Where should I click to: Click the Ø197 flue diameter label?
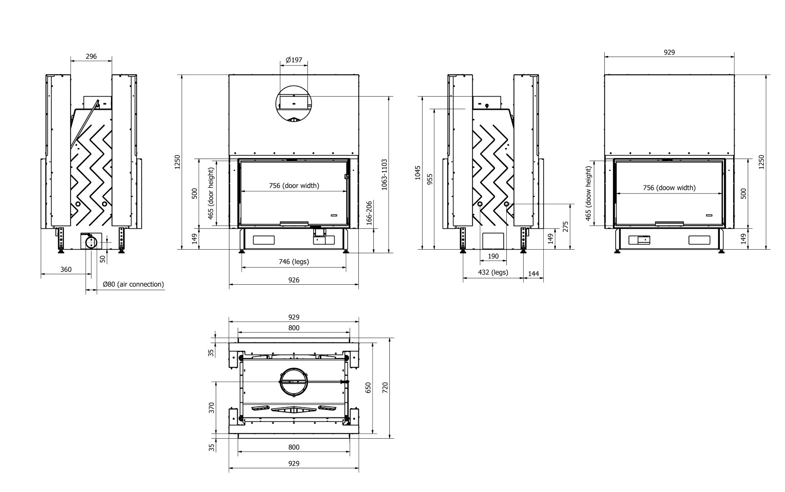pos(294,60)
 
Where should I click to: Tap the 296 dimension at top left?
pos(91,56)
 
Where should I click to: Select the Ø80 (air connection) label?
pos(133,284)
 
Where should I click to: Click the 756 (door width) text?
pos(294,185)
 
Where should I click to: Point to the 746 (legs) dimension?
pos(294,261)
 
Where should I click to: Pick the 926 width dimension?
pos(294,280)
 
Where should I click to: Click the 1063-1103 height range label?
pos(384,174)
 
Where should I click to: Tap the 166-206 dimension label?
pos(369,212)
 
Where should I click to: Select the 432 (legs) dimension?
pos(492,272)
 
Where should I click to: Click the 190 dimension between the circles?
pos(493,256)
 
